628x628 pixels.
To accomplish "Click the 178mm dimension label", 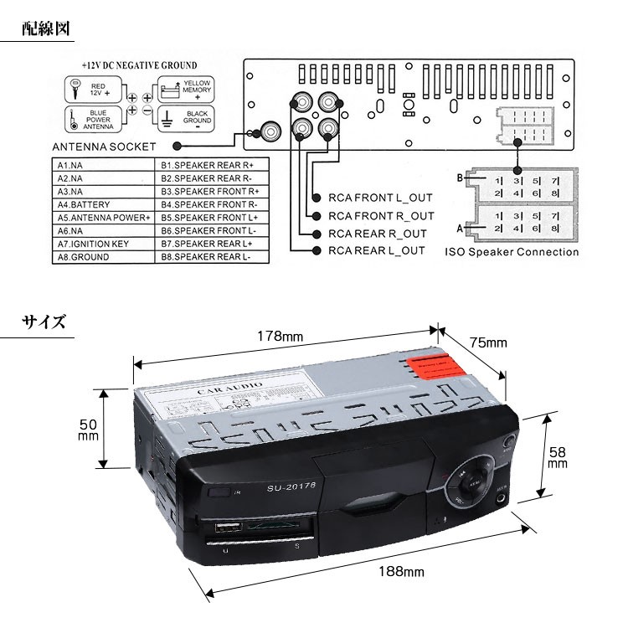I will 281,336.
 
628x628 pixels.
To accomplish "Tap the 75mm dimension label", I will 488,342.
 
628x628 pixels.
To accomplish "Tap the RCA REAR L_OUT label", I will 377,250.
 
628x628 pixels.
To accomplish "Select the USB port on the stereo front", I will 225,529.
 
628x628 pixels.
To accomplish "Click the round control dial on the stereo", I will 471,485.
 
